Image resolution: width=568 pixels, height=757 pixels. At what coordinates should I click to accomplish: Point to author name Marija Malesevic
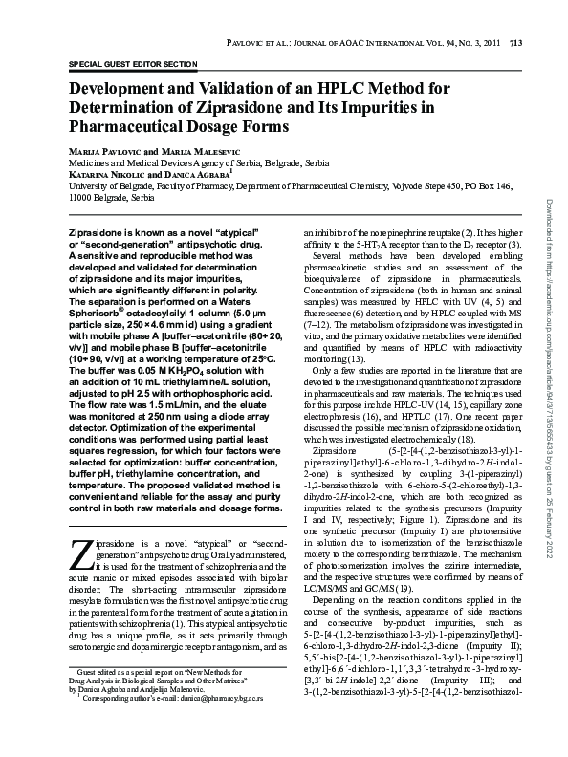pyautogui.click(x=201, y=153)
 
